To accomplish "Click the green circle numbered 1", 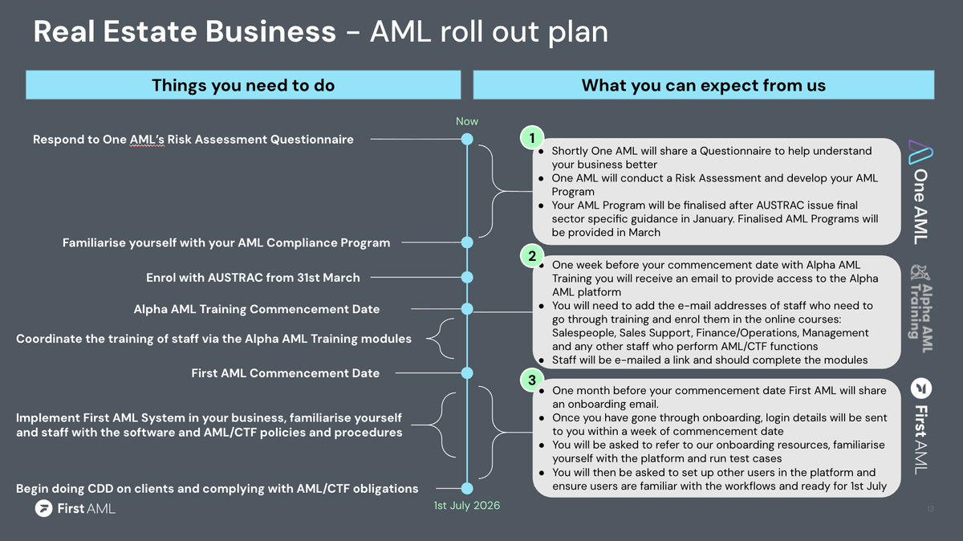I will (531, 138).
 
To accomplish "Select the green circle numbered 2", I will (531, 256).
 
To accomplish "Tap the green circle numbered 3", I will (531, 378).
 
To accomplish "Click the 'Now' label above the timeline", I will (467, 121).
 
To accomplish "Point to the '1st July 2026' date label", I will (467, 506).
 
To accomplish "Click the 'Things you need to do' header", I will (243, 85).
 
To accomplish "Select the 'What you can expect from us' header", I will (703, 85).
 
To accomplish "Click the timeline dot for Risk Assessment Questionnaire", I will (467, 140).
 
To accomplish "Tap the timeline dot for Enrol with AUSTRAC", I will (467, 278).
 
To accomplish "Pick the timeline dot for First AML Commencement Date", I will (467, 372).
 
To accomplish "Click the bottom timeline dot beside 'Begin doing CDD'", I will (467, 488).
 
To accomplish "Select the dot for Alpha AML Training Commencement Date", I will (467, 309).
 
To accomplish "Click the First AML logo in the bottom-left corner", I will (75, 508).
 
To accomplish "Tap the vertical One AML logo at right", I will (919, 190).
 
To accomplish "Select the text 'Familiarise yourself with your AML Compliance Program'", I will (226, 242).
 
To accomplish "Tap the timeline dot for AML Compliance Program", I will (467, 242).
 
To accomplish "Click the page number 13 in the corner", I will (930, 509).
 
